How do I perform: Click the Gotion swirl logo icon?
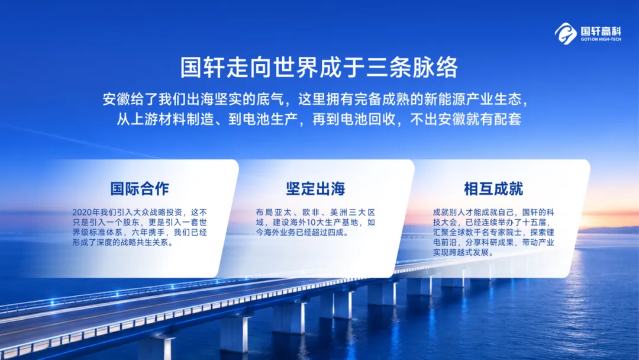click(x=566, y=33)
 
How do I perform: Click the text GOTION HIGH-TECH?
click(x=601, y=40)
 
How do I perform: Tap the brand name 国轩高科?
click(x=601, y=31)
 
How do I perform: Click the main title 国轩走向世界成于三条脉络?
click(x=319, y=67)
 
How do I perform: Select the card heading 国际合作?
click(x=140, y=189)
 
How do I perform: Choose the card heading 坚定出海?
click(x=315, y=189)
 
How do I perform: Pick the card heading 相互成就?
click(x=493, y=189)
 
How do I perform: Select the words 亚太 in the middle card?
click(x=283, y=213)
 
